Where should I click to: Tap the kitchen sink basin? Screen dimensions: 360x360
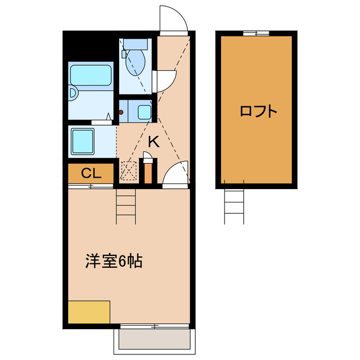[145, 111]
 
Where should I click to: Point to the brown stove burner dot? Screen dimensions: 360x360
[121, 112]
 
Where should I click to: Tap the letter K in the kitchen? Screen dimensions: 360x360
[154, 142]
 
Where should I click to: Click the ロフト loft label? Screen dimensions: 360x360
[258, 111]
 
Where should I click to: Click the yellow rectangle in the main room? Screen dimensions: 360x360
[89, 312]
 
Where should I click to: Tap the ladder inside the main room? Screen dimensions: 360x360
[126, 206]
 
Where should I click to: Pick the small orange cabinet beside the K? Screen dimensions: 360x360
[148, 173]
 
